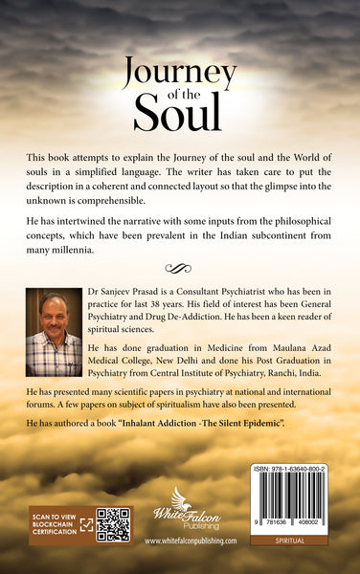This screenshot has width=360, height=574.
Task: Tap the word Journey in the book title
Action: [179, 71]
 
